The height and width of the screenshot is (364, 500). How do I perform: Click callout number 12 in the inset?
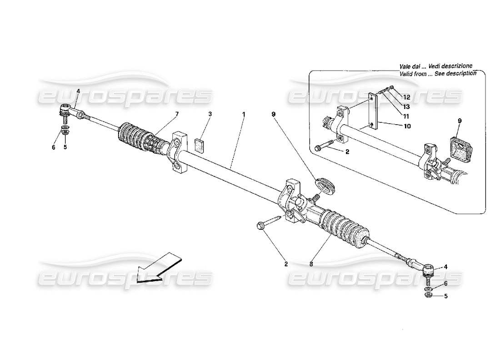[x=406, y=97]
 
